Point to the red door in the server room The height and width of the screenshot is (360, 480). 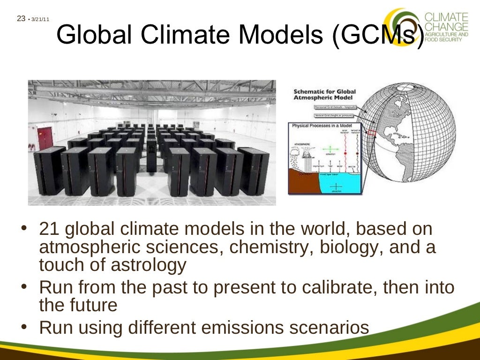coord(45,136)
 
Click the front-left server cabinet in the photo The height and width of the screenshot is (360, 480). coord(49,171)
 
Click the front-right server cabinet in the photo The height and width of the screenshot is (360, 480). coord(253,171)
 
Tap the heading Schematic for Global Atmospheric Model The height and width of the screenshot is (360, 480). coord(324,95)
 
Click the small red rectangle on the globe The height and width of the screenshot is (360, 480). coord(371,134)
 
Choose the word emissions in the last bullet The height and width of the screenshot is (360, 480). coord(236,328)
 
